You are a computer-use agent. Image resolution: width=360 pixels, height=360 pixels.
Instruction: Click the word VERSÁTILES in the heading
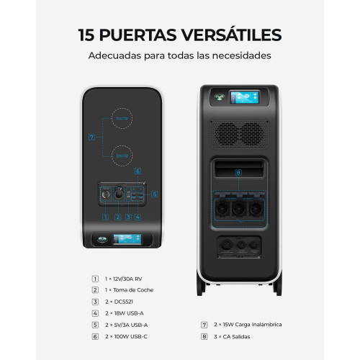point(231,35)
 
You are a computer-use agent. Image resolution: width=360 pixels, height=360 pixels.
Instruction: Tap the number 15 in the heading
point(86,35)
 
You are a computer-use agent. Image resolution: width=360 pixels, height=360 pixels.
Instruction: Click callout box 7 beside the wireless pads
point(91,138)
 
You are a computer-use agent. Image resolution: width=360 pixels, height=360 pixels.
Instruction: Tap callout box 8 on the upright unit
point(238,172)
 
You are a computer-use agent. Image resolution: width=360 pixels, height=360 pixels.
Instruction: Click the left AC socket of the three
point(222,209)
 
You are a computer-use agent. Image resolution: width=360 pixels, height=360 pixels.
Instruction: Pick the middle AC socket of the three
point(239,209)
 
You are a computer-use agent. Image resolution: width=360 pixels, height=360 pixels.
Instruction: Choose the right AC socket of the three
point(256,209)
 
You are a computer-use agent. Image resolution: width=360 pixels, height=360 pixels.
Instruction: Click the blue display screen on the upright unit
point(245,97)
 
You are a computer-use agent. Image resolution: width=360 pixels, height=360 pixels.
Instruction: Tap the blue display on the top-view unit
point(127,239)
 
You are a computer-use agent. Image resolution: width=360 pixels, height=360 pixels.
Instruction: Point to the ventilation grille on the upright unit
point(240,134)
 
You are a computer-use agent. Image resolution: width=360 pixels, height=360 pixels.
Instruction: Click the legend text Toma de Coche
point(133,290)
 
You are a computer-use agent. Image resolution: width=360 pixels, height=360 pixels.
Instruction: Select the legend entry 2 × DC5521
point(119,302)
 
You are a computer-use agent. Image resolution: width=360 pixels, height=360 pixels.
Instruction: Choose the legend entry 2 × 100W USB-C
point(126,337)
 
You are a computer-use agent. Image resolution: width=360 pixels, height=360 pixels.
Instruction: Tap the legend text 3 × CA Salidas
point(232,337)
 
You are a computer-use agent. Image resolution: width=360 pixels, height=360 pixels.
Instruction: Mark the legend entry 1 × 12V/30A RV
point(123,279)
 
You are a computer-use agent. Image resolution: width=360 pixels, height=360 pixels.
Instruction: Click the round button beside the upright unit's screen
point(220,97)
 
